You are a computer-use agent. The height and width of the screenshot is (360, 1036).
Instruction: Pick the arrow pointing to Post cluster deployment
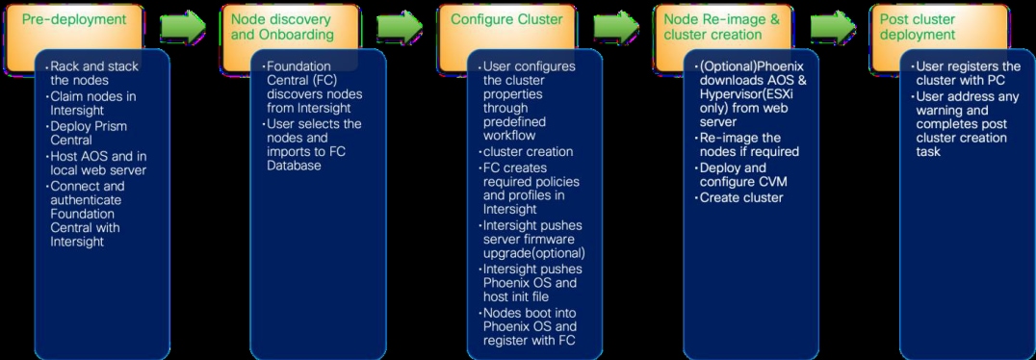point(834,26)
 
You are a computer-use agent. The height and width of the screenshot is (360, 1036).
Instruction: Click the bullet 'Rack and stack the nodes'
point(94,72)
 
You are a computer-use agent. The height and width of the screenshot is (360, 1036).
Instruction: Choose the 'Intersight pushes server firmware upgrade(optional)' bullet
point(533,239)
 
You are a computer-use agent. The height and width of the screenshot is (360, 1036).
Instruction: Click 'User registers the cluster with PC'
point(965,72)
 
